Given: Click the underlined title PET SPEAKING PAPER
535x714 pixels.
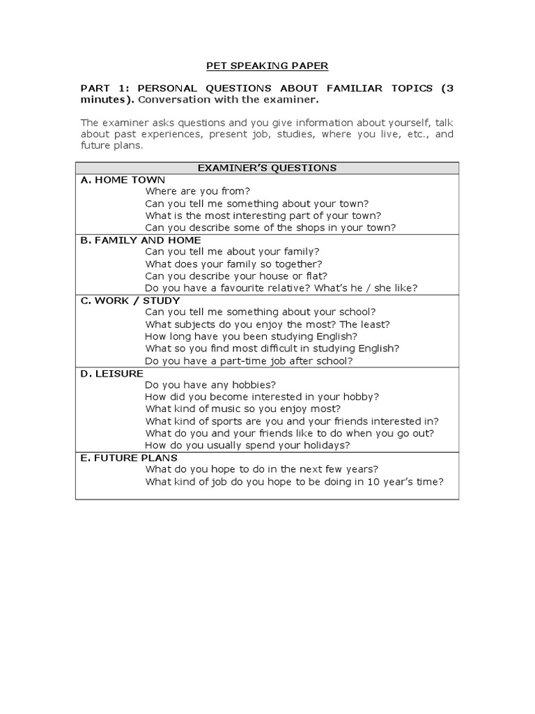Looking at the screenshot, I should pyautogui.click(x=267, y=66).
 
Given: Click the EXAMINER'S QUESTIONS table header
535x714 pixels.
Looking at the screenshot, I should pyautogui.click(x=267, y=167).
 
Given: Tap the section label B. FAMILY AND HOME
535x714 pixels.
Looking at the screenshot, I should pyautogui.click(x=141, y=240).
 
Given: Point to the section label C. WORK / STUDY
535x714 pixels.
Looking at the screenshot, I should pyautogui.click(x=130, y=301).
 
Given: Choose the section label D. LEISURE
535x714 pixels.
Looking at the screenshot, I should pyautogui.click(x=112, y=374).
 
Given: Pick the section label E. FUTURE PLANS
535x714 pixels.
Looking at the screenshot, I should pyautogui.click(x=129, y=457).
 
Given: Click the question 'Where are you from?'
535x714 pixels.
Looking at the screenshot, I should pyautogui.click(x=197, y=191).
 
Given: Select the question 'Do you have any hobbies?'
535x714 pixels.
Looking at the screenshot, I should pyautogui.click(x=210, y=384).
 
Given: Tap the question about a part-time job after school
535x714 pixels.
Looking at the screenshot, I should pyautogui.click(x=249, y=360).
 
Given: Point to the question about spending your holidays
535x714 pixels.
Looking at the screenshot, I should pyautogui.click(x=247, y=445).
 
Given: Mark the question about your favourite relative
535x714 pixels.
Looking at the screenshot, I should pyautogui.click(x=281, y=288).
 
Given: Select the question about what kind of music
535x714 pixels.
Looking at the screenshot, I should pyautogui.click(x=242, y=409).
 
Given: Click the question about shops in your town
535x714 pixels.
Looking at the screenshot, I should pyautogui.click(x=270, y=227).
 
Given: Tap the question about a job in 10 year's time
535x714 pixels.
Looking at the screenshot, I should pyautogui.click(x=294, y=482).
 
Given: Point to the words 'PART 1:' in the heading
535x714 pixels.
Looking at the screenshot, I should pyautogui.click(x=104, y=88).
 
